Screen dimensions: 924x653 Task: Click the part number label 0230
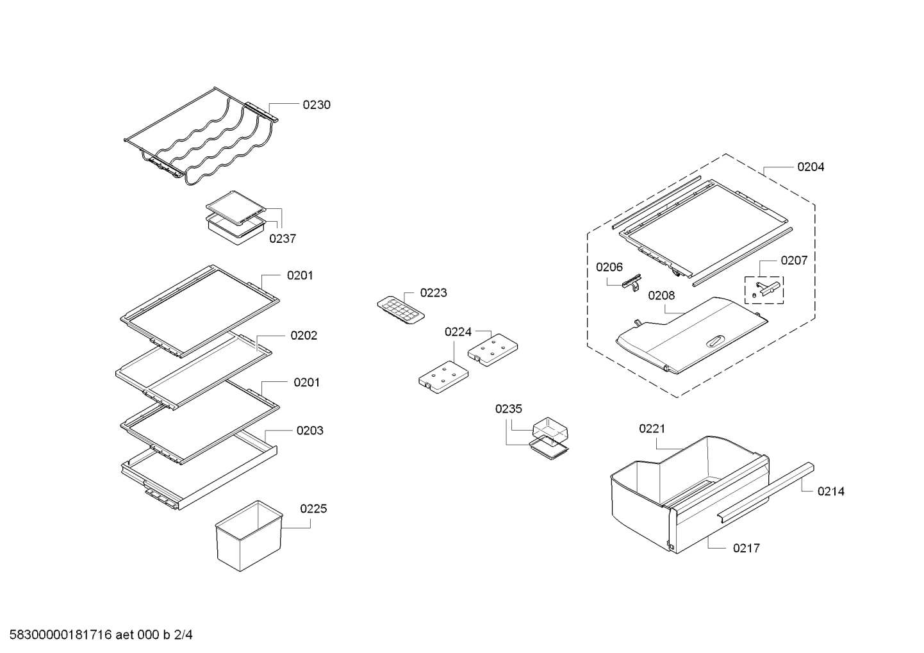point(317,105)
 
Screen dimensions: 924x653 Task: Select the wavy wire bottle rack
point(201,136)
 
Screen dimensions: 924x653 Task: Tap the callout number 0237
point(283,238)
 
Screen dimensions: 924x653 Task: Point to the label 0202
point(304,335)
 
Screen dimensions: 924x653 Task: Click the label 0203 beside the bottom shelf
point(309,431)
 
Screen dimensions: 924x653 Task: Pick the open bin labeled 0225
point(249,536)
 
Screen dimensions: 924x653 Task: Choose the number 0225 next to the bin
point(313,509)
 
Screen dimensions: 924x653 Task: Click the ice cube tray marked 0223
point(400,310)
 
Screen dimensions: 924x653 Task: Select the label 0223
point(434,293)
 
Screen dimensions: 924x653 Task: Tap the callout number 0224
point(458,332)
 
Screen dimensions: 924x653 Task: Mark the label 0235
point(509,409)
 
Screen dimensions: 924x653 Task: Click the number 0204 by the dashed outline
point(811,167)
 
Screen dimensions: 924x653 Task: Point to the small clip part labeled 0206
point(632,283)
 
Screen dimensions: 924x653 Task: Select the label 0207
point(794,260)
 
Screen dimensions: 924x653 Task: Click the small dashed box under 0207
point(764,290)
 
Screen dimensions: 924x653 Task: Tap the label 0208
point(661,295)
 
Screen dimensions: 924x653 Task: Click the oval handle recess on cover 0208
point(715,340)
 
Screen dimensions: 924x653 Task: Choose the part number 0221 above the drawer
point(652,429)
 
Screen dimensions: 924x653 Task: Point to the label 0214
point(831,492)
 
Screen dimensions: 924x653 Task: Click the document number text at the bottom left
point(101,635)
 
